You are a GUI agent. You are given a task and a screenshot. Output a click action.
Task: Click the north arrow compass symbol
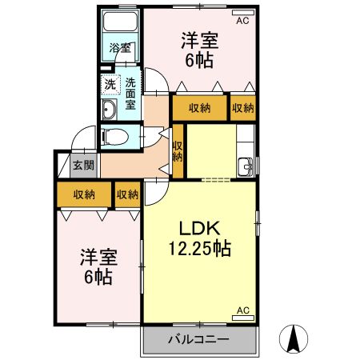click(x=294, y=339)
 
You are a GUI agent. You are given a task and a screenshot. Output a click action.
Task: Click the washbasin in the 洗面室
click(x=110, y=110)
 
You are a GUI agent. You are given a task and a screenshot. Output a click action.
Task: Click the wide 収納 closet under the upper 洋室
click(x=200, y=108)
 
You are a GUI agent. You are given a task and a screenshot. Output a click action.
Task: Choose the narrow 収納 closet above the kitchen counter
click(x=242, y=108)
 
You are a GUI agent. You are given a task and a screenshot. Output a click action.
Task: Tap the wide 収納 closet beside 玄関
click(x=84, y=194)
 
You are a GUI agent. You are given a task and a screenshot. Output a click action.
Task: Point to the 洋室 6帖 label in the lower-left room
click(x=98, y=267)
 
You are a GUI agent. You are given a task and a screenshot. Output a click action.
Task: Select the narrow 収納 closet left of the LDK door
click(x=127, y=194)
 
